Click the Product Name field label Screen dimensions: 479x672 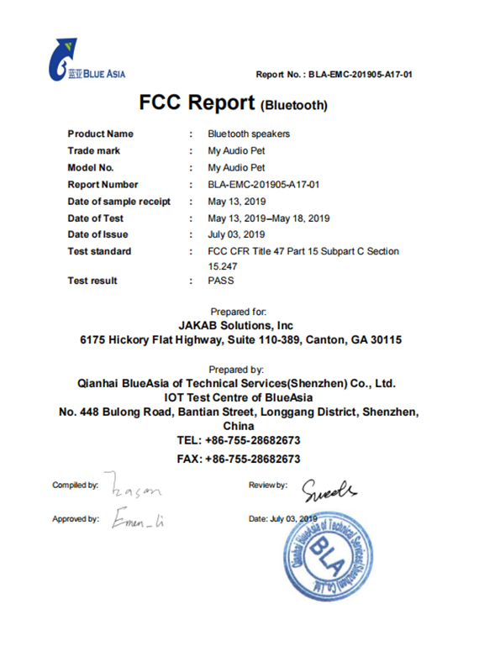pyautogui.click(x=100, y=134)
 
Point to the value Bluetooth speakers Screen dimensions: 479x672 pyautogui.click(x=249, y=134)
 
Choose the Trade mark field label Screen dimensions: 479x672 pyautogui.click(x=93, y=151)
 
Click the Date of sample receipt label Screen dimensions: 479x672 pyautogui.click(x=118, y=202)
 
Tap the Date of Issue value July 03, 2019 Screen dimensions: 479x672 pyautogui.click(x=236, y=235)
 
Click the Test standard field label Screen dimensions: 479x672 pyautogui.click(x=99, y=252)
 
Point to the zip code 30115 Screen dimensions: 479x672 pyautogui.click(x=385, y=341)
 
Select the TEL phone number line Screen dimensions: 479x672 pyautogui.click(x=239, y=441)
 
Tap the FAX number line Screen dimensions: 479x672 pyautogui.click(x=239, y=459)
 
